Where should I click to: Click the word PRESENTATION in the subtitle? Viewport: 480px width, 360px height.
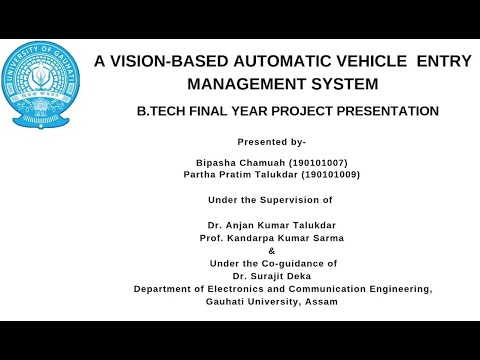[385, 111]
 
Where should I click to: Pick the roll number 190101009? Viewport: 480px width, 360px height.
[330, 174]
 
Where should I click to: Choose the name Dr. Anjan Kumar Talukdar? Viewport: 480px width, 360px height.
[271, 227]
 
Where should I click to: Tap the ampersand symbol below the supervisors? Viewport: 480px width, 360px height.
[271, 251]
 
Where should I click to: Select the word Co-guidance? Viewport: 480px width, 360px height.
[302, 263]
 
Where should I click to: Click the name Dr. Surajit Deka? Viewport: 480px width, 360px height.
[271, 275]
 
